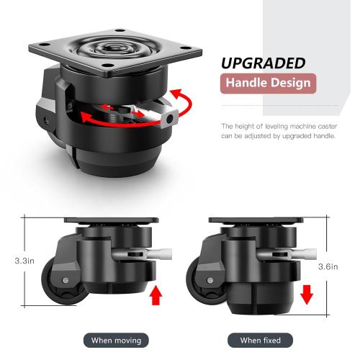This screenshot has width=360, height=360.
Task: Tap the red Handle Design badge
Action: coord(268,82)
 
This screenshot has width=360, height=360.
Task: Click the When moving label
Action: coord(117,339)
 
